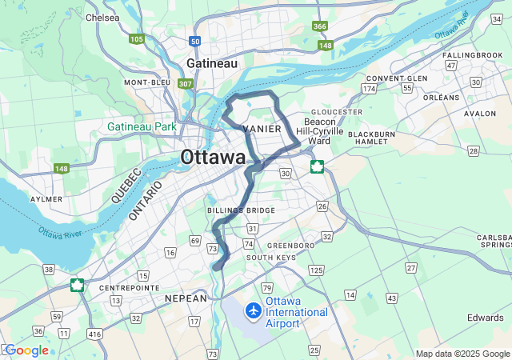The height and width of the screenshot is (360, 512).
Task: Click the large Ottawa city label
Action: point(214,158)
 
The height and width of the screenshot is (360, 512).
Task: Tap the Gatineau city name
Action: point(212,62)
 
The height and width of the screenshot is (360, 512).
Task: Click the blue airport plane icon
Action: point(254,310)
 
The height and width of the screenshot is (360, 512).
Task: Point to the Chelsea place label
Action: point(102,17)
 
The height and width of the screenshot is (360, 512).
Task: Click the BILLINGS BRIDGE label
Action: point(241,210)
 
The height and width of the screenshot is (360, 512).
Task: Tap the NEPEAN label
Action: point(186,298)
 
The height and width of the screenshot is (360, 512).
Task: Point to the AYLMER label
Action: point(46,198)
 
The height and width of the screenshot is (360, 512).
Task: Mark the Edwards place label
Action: point(485,318)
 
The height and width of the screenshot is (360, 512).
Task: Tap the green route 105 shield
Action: point(137,38)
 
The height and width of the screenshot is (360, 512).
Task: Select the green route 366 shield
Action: point(320,26)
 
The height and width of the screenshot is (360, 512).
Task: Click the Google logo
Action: point(27,350)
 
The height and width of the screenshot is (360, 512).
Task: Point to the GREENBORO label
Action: point(285,245)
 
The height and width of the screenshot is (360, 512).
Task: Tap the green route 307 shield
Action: point(186,83)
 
